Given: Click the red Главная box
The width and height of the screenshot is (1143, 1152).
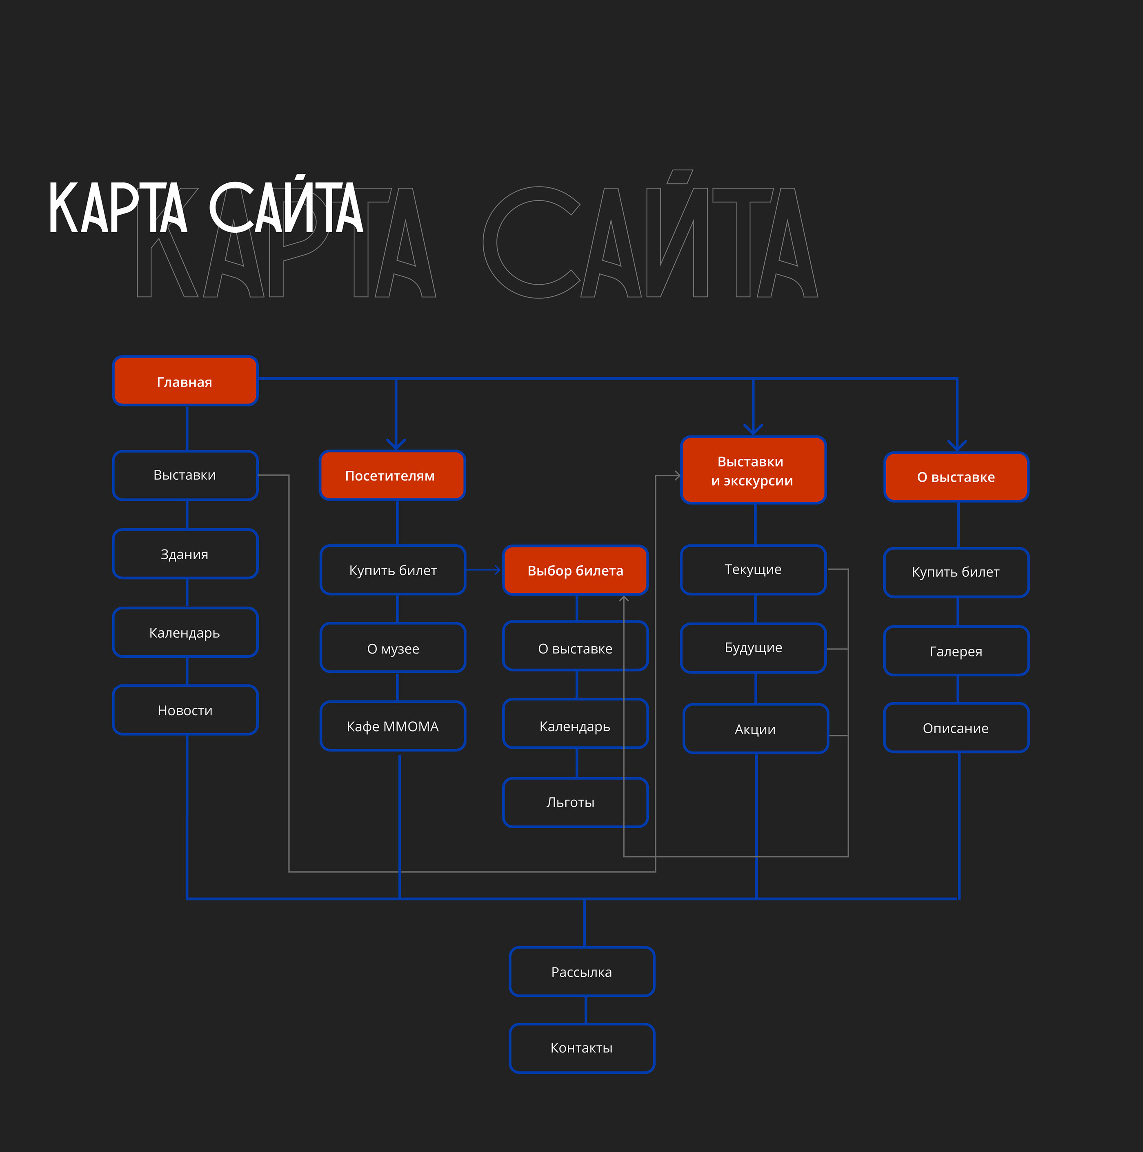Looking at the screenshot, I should (x=185, y=381).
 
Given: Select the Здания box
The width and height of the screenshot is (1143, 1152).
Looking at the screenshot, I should (x=185, y=554).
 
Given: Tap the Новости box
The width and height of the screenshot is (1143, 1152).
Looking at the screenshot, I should (x=185, y=710).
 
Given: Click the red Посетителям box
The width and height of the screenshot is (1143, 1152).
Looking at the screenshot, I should (x=392, y=475).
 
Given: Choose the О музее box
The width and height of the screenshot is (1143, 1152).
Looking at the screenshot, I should (x=392, y=648).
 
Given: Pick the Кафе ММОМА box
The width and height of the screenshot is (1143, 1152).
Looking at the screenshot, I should (x=392, y=726).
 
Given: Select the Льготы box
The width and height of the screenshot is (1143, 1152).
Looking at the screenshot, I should (x=575, y=803).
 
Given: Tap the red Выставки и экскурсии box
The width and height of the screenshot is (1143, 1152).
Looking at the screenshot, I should (x=753, y=470).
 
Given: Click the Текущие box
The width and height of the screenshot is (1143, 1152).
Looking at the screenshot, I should (x=753, y=569).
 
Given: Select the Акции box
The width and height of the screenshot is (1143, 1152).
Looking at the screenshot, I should (x=756, y=729).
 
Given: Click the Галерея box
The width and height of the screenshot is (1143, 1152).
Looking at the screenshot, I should (x=956, y=651).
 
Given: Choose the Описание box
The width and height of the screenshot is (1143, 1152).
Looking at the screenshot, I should (x=956, y=728).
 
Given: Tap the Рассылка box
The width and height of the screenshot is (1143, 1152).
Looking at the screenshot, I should (x=582, y=972).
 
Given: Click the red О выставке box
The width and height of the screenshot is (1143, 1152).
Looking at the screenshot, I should (x=956, y=477).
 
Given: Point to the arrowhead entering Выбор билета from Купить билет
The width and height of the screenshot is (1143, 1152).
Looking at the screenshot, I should (x=497, y=570).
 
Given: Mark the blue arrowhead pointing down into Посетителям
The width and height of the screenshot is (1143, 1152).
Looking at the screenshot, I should (x=396, y=444).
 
